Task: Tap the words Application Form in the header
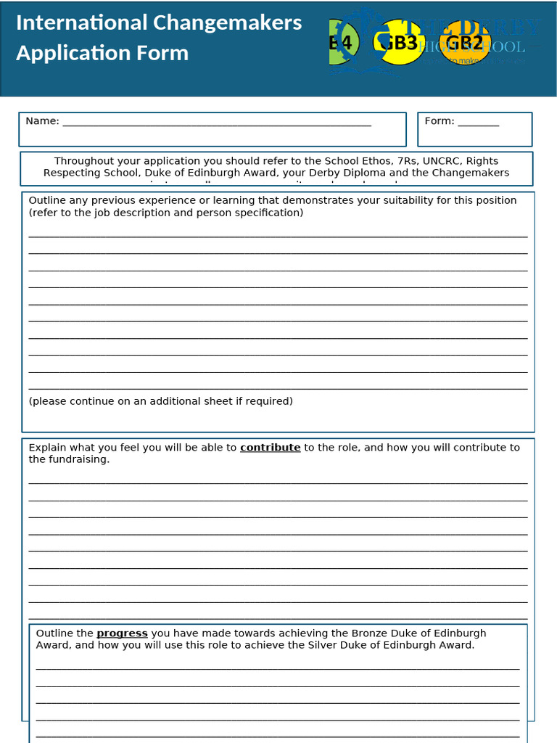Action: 102,53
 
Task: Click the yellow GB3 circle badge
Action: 399,43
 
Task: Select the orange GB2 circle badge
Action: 465,42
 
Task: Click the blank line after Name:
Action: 217,123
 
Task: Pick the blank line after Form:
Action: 478,123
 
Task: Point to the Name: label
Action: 42,121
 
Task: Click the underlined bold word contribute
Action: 270,448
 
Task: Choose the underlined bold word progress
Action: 122,633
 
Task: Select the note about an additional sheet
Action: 160,401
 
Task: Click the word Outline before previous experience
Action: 48,200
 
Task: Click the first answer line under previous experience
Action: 278,234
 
